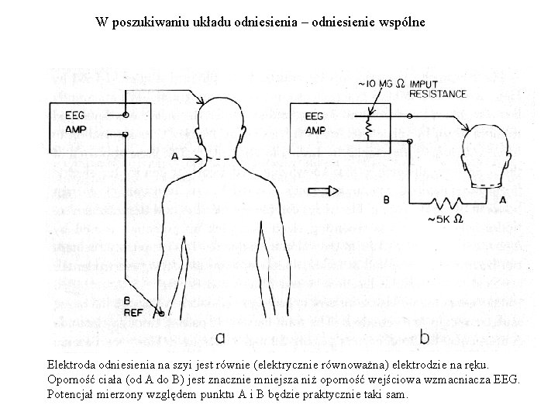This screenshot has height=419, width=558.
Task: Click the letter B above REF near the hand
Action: tap(127, 301)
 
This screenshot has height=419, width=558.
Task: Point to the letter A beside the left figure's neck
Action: tap(175, 157)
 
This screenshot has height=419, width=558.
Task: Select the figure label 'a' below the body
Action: tap(219, 338)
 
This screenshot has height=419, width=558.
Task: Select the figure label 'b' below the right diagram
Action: tap(425, 338)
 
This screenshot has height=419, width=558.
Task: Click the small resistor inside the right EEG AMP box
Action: tap(370, 123)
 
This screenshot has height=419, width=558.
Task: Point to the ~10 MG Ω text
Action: tap(381, 84)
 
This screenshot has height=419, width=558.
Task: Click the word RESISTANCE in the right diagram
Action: tap(438, 94)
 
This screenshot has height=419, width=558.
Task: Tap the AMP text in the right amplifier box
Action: tap(315, 130)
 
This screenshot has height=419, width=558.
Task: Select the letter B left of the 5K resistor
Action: tap(387, 199)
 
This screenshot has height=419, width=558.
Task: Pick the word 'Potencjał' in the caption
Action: tap(72, 394)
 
